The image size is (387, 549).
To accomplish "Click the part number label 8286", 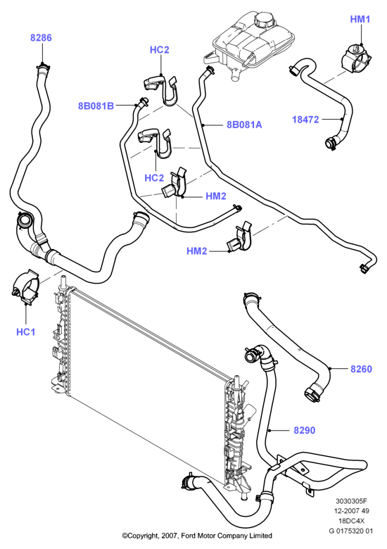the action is click(x=41, y=38).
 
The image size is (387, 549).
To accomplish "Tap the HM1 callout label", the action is click(x=360, y=19).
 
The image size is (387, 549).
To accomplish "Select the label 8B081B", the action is click(x=96, y=106).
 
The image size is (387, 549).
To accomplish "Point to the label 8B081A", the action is click(x=244, y=125).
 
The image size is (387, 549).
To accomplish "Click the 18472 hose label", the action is click(x=305, y=120).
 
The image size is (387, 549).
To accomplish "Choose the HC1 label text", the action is click(x=26, y=332).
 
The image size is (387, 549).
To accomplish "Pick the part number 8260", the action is click(x=362, y=369).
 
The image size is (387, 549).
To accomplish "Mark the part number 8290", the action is click(x=305, y=430).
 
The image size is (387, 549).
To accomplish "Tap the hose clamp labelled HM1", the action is click(x=357, y=60).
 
